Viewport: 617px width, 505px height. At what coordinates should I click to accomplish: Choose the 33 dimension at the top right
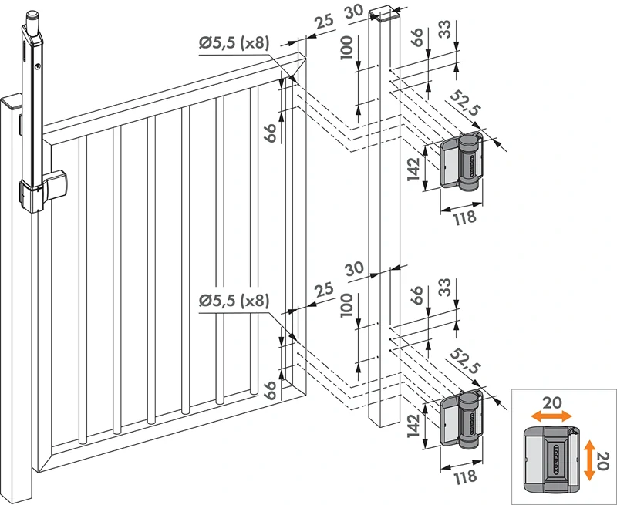pos(445,31)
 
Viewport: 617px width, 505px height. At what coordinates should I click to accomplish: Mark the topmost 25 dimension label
pos(324,21)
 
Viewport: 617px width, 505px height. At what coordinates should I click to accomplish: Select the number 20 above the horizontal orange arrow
pos(548,402)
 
